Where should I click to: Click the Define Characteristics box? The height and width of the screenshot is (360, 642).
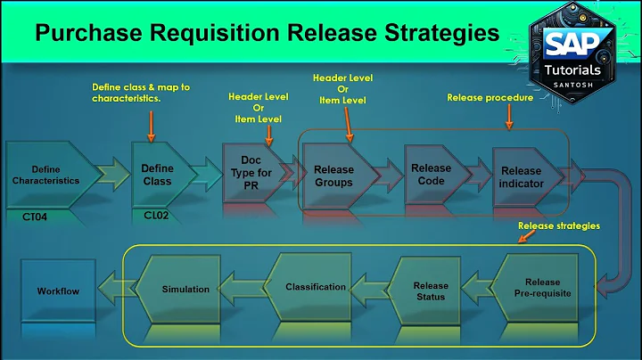(45, 175)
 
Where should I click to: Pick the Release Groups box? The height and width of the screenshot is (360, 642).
(334, 176)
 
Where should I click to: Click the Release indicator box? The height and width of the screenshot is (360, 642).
(521, 176)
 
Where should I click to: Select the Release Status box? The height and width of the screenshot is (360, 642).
(431, 290)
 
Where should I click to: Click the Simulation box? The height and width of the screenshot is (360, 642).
(185, 290)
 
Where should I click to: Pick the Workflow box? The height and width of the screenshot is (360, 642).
(58, 291)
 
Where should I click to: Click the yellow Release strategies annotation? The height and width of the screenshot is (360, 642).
(559, 225)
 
